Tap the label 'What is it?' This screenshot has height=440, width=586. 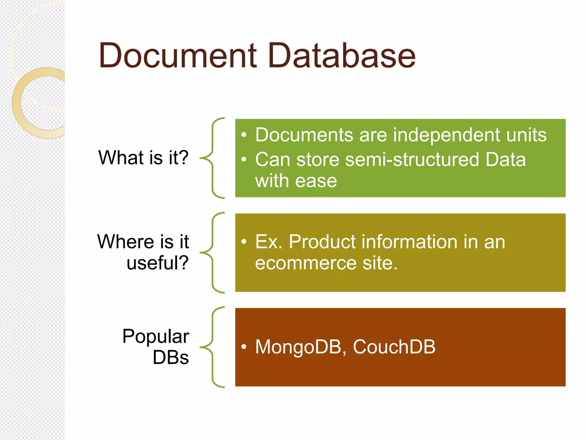[143, 158]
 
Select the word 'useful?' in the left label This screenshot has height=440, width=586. [158, 263]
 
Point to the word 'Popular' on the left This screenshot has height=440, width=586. [156, 336]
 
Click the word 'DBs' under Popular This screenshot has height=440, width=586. [171, 357]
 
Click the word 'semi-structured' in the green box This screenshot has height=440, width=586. [412, 160]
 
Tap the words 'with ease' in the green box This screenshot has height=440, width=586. [296, 181]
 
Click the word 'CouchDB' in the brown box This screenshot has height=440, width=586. [394, 347]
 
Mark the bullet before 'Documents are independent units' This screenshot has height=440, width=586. [243, 135]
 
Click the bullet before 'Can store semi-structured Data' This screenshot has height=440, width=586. [243, 160]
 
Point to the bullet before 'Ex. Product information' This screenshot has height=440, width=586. [243, 242]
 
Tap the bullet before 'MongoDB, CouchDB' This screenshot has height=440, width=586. [243, 347]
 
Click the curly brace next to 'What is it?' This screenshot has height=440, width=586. [212, 158]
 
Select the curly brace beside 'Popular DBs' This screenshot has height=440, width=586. [212, 347]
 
